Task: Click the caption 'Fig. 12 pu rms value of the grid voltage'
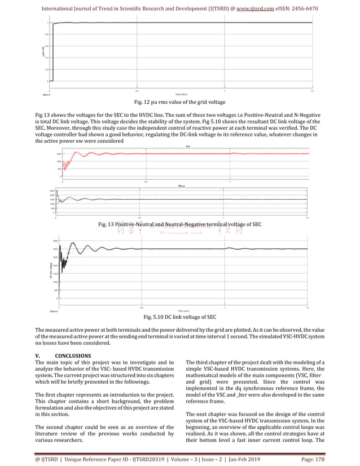pyautogui.click(x=179, y=102)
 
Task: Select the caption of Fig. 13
pyautogui.click(x=180, y=225)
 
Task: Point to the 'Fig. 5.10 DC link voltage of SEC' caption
pyautogui.click(x=180, y=317)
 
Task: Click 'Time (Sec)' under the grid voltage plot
pyautogui.click(x=181, y=94)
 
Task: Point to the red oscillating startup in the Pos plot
pyautogui.click(x=68, y=164)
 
